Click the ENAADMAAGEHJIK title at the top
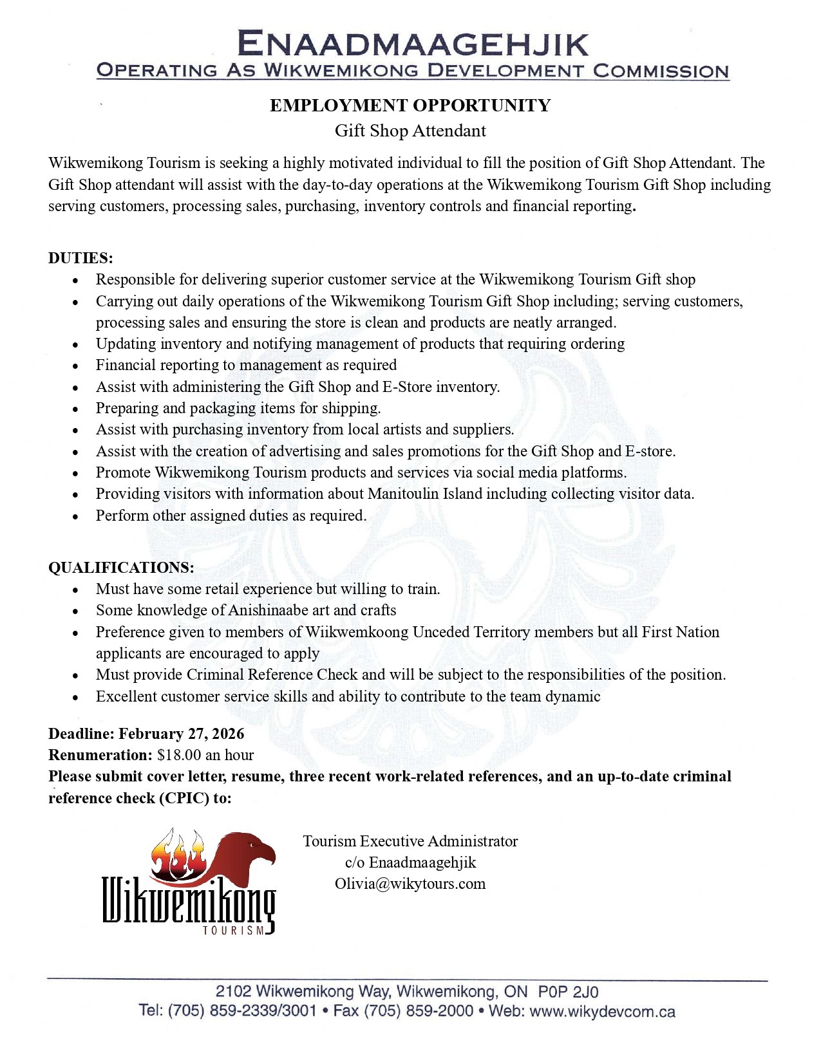[x=412, y=44]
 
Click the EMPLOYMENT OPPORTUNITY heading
[x=410, y=106]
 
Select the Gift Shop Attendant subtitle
[x=410, y=131]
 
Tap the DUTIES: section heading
[x=80, y=258]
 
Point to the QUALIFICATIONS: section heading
[x=121, y=568]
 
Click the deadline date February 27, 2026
[x=182, y=734]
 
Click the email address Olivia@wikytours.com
[x=410, y=884]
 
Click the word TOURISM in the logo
[x=233, y=930]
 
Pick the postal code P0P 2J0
[x=569, y=992]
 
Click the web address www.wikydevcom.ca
[x=603, y=1012]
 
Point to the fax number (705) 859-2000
[x=419, y=1011]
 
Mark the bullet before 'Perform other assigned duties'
[x=75, y=517]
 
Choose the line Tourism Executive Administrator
[x=410, y=841]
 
